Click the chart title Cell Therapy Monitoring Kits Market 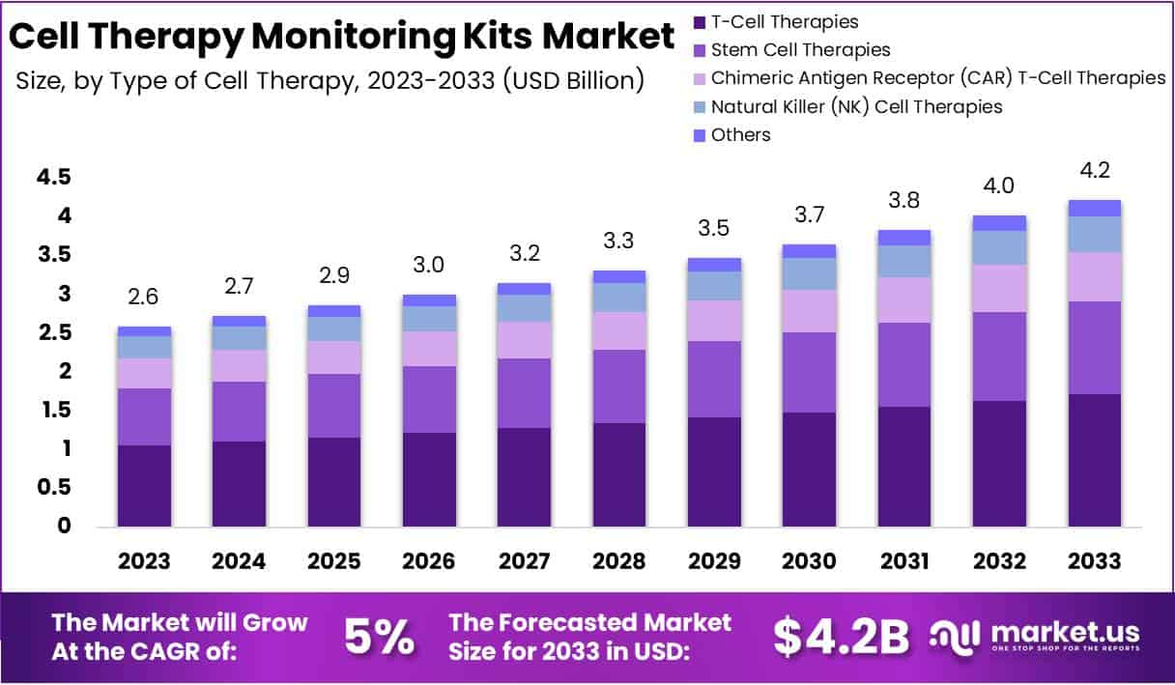[x=341, y=36]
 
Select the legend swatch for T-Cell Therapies [x=700, y=21]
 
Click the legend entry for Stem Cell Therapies [x=800, y=49]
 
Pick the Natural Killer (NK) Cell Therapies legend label [x=856, y=106]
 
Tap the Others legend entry [x=740, y=134]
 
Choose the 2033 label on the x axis [x=1094, y=561]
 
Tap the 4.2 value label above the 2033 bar [x=1094, y=171]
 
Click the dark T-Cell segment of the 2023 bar [x=145, y=485]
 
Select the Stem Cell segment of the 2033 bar [x=1094, y=348]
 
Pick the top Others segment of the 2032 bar [x=999, y=223]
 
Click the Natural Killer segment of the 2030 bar [x=810, y=273]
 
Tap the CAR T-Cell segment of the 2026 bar [x=430, y=349]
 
